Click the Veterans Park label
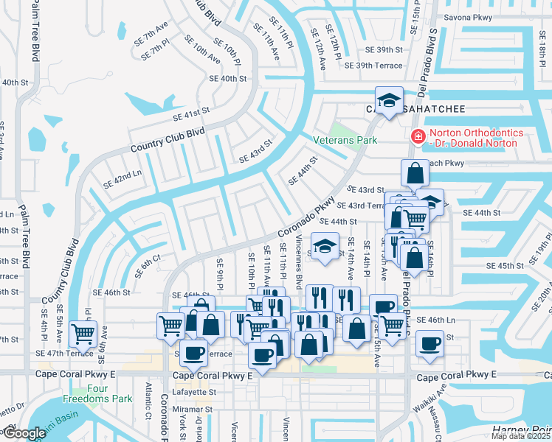tap(345, 140)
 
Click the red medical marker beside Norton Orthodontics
tap(418, 137)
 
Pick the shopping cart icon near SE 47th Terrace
tap(83, 333)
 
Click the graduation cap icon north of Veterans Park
tap(388, 101)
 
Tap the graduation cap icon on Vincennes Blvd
tap(323, 248)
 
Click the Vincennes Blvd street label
tap(299, 261)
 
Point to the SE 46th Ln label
tap(436, 320)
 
